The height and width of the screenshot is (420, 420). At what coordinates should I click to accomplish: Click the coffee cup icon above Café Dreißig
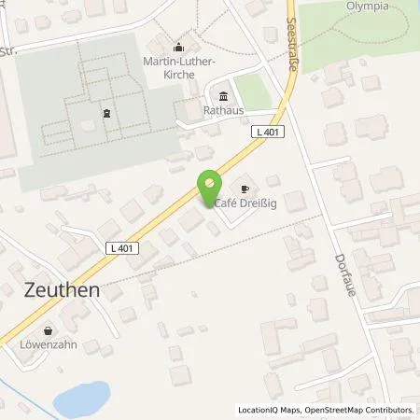245,189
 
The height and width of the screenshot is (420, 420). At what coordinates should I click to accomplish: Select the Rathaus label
223,110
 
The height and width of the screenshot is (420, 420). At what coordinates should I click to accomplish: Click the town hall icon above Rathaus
223,96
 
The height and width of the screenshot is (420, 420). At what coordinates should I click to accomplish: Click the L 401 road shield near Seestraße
267,133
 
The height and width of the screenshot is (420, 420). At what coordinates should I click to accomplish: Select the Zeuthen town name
57,290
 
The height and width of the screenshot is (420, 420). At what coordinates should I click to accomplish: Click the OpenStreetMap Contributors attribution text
356,410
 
